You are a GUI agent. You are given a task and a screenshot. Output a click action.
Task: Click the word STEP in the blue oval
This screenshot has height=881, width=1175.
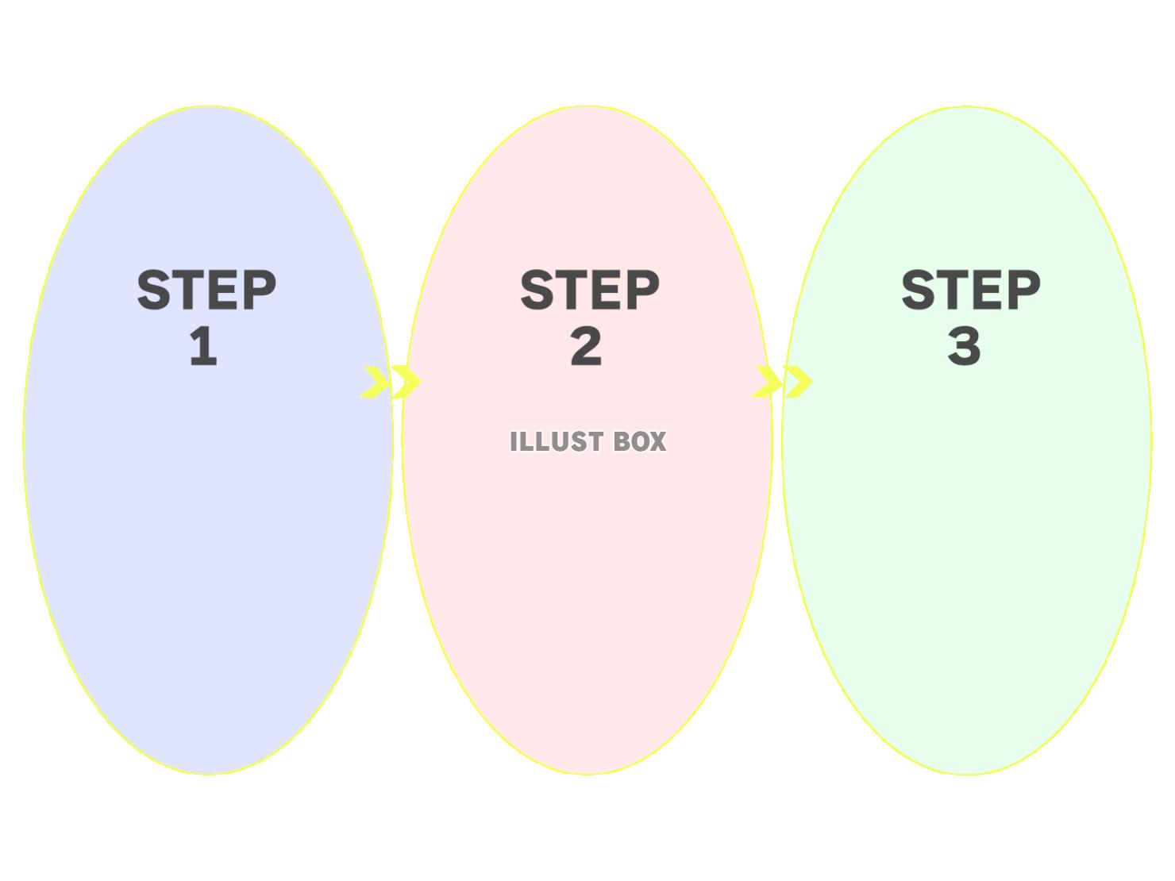pos(206,290)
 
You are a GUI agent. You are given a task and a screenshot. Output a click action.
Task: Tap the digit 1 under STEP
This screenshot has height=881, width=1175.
pos(203,347)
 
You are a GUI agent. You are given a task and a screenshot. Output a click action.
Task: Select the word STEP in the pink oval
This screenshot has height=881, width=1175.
pos(589,290)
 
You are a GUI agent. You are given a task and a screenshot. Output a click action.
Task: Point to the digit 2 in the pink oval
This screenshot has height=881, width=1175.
pos(586,347)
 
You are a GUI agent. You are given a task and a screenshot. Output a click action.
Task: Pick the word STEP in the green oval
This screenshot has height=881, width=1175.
pos(971,290)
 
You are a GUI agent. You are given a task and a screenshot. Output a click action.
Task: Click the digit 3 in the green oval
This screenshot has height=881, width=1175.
pos(965,347)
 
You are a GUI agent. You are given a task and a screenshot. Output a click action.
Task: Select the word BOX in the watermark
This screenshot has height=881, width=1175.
pos(640,442)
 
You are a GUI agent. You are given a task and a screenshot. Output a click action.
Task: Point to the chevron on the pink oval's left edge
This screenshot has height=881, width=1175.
pos(406,382)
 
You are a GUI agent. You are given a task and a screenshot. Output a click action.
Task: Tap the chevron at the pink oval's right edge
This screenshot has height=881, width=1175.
pos(767,382)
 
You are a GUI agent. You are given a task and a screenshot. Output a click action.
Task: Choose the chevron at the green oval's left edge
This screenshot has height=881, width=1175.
pos(798,382)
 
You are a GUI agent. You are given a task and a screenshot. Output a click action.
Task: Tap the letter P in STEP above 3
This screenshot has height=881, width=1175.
pos(1023,290)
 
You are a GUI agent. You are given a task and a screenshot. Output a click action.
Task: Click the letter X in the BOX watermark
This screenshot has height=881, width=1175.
pos(657,442)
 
